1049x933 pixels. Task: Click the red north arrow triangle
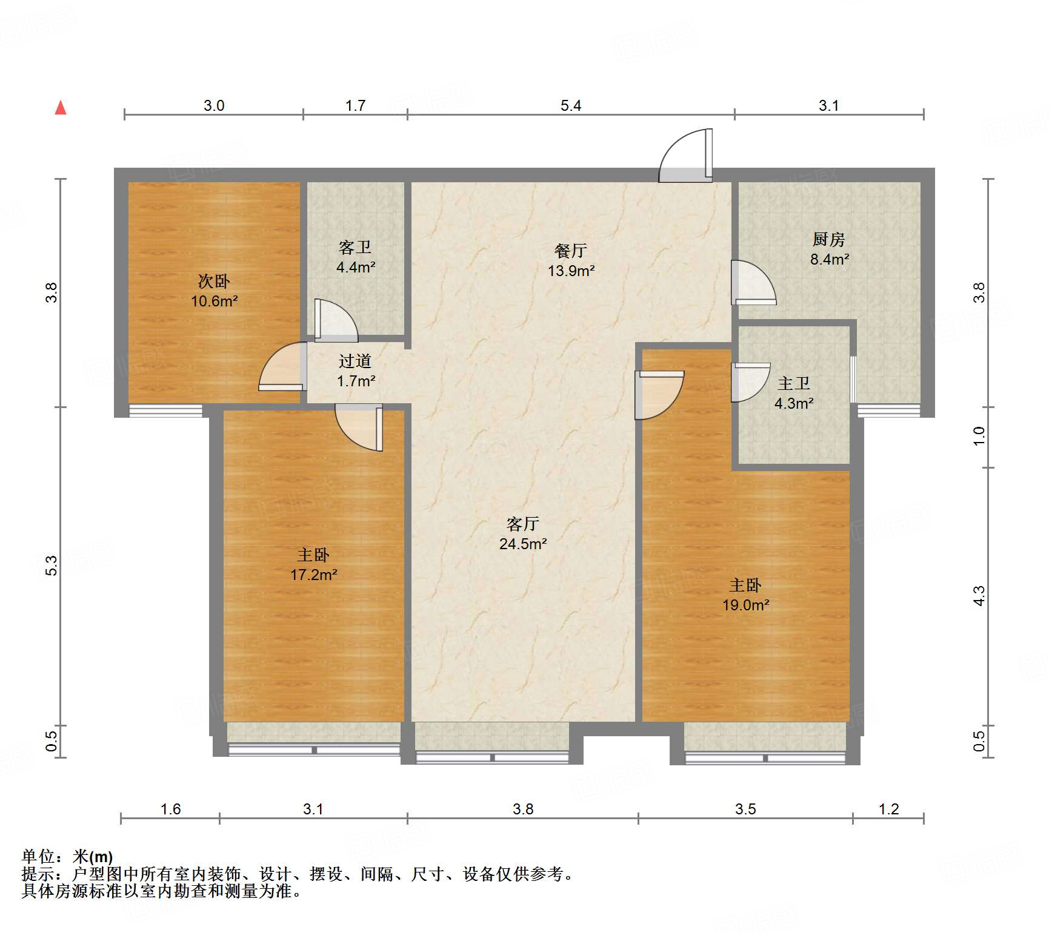coord(61,108)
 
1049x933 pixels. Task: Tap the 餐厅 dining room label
coord(571,251)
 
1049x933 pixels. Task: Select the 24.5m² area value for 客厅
coord(523,544)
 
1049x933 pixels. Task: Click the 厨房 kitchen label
coord(829,240)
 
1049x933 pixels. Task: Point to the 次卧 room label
coord(214,282)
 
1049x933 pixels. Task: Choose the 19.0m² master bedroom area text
coord(745,605)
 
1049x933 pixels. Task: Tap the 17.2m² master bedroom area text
coord(313,575)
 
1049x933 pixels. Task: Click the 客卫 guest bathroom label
coord(355,248)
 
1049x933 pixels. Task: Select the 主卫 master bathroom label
coord(794,384)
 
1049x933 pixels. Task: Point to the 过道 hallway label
coord(355,361)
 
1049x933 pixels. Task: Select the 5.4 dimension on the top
coord(571,106)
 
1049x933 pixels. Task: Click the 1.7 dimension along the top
coord(355,106)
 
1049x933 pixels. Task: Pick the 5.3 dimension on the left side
coord(53,565)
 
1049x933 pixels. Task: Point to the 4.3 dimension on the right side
coord(979,596)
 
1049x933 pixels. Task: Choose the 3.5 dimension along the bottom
coord(745,809)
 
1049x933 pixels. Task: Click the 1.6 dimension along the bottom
coord(170,809)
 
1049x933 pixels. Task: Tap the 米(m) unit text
coord(93,857)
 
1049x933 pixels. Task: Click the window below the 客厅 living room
coord(492,757)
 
